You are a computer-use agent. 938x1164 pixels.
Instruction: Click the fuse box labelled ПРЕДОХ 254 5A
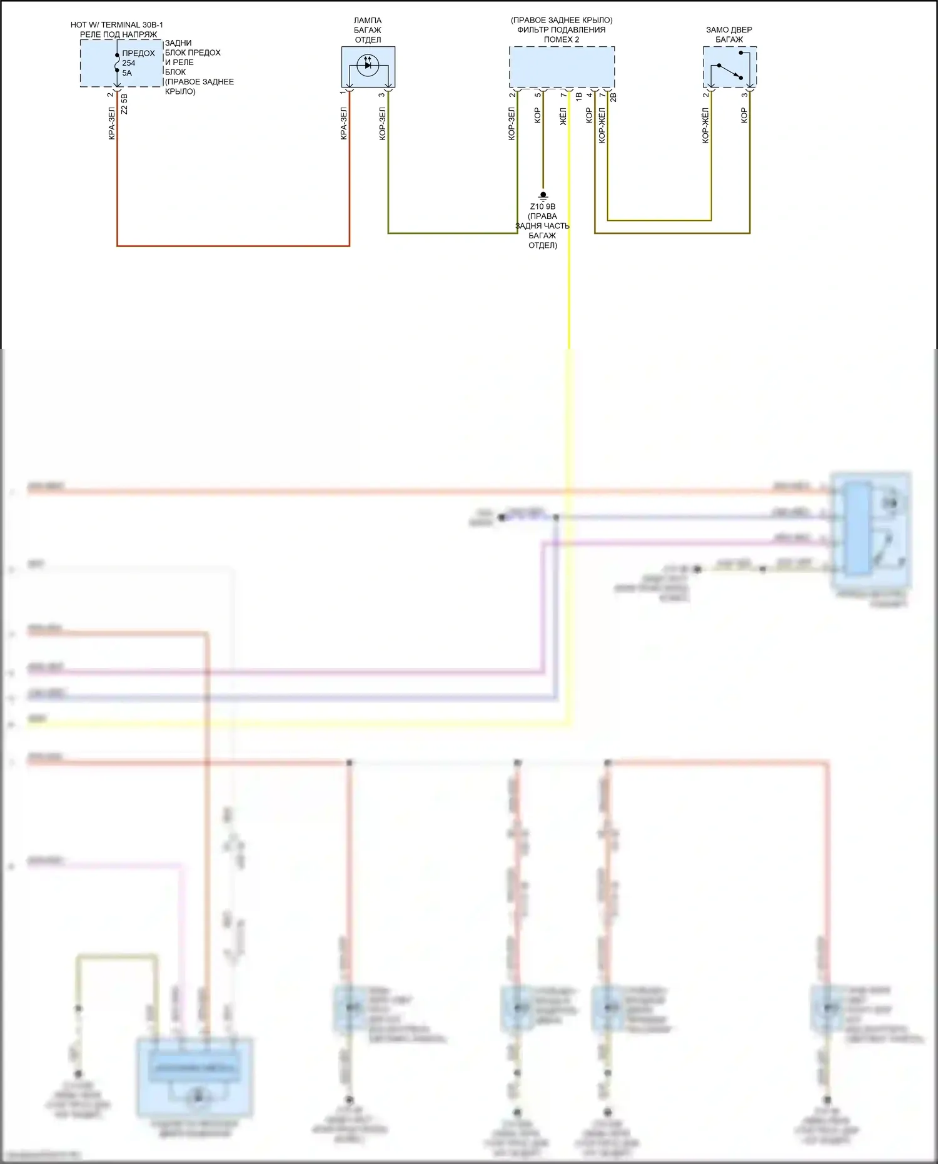click(121, 63)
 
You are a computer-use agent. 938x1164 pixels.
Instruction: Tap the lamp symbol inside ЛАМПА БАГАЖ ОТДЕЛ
click(368, 65)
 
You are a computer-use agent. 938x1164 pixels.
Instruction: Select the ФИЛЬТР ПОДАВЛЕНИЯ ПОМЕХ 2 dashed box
click(562, 67)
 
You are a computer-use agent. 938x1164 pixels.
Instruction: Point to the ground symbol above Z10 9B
click(543, 196)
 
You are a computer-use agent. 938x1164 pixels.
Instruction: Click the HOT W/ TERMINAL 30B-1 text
click(117, 25)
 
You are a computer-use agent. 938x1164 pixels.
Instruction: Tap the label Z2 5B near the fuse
click(124, 104)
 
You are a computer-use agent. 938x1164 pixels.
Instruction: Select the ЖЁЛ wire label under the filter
click(563, 116)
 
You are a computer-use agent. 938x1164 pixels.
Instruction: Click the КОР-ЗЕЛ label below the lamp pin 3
click(383, 124)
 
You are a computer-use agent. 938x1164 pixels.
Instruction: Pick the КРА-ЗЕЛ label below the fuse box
click(112, 124)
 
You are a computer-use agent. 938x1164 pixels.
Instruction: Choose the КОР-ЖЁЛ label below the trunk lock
click(705, 126)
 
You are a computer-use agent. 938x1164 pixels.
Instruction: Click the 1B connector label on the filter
click(578, 97)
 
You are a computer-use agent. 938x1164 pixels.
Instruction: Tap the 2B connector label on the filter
click(613, 98)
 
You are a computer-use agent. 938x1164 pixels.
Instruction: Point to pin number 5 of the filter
click(538, 94)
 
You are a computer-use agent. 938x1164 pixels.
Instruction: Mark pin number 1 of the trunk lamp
click(343, 93)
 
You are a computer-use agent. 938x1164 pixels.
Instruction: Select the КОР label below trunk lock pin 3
click(744, 115)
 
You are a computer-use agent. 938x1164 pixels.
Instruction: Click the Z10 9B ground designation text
click(543, 206)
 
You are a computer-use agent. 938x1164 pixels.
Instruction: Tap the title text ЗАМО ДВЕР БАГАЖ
click(729, 34)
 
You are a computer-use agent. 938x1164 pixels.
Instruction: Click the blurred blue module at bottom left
click(194, 1077)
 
